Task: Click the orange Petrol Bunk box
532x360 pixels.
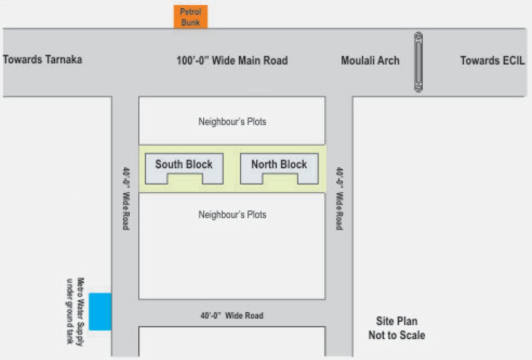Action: click(190, 17)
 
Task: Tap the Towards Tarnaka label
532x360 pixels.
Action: click(42, 59)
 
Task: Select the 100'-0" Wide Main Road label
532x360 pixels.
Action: click(232, 60)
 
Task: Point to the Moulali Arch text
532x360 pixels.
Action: click(370, 60)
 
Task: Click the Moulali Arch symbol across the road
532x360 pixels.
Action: click(418, 62)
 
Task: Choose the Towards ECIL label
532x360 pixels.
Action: click(492, 60)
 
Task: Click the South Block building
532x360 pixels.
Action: click(183, 169)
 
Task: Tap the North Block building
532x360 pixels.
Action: click(279, 169)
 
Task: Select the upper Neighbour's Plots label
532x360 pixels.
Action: click(232, 121)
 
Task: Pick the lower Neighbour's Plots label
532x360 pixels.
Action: click(232, 214)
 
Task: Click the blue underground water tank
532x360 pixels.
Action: click(100, 311)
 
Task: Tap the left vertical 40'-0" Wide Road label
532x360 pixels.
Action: click(125, 198)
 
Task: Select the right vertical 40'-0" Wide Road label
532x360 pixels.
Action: click(339, 198)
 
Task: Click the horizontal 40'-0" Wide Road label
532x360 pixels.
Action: click(231, 315)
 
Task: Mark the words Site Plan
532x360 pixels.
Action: click(396, 321)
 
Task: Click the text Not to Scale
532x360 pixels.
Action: click(396, 335)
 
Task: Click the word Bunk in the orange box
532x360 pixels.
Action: click(190, 22)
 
